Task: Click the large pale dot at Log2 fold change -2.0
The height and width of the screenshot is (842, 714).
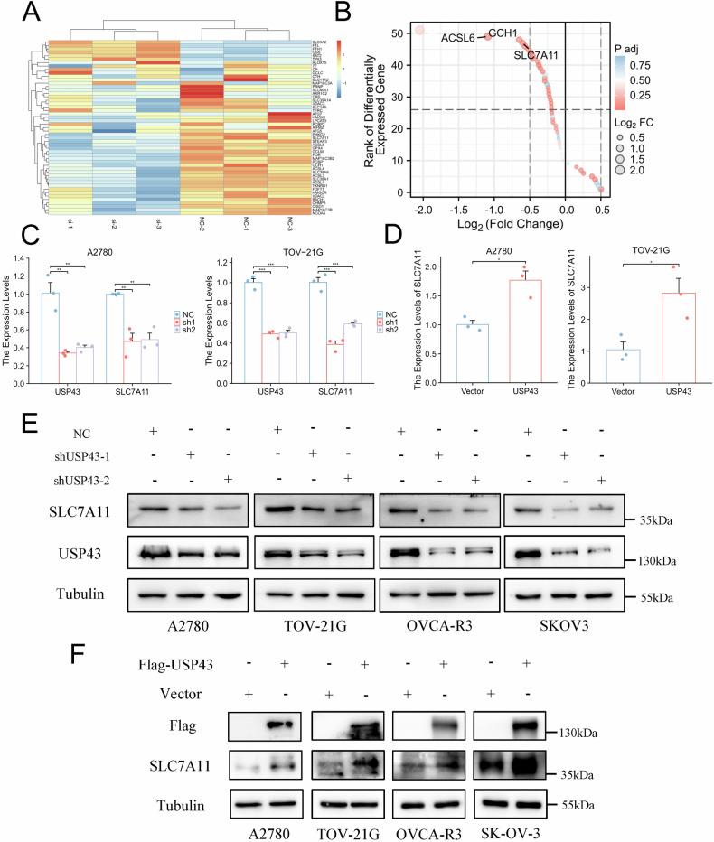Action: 421,32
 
